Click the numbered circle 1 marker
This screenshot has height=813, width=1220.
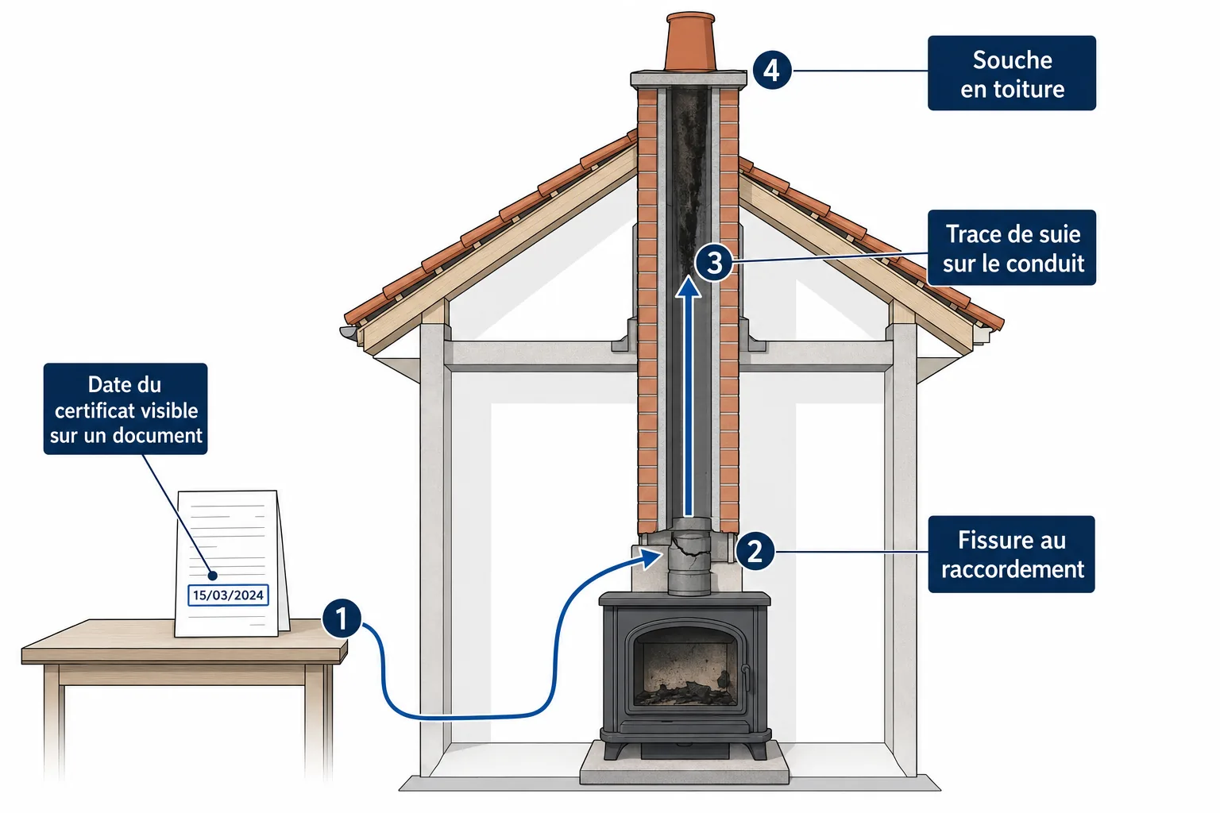[x=342, y=618]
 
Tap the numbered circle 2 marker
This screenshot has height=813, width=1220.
[x=755, y=552]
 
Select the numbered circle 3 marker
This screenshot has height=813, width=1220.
[x=714, y=263]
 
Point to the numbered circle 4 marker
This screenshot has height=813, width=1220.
[x=772, y=70]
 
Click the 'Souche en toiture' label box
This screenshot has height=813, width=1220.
[x=1012, y=73]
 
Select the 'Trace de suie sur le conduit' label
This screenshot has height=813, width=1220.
[x=1012, y=248]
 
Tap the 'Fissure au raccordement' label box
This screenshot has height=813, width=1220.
[x=1011, y=554]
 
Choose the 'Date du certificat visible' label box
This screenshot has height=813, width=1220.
[x=125, y=409]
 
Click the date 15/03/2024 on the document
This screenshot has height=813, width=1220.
[x=228, y=595]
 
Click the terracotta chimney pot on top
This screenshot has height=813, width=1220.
[x=690, y=42]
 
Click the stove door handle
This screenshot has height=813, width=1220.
[x=746, y=677]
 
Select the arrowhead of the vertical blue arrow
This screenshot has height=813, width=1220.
[x=689, y=287]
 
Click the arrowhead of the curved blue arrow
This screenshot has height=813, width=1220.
[x=652, y=558]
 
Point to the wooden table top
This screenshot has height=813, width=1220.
[x=185, y=642]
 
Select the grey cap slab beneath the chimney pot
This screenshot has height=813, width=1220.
[x=689, y=79]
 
